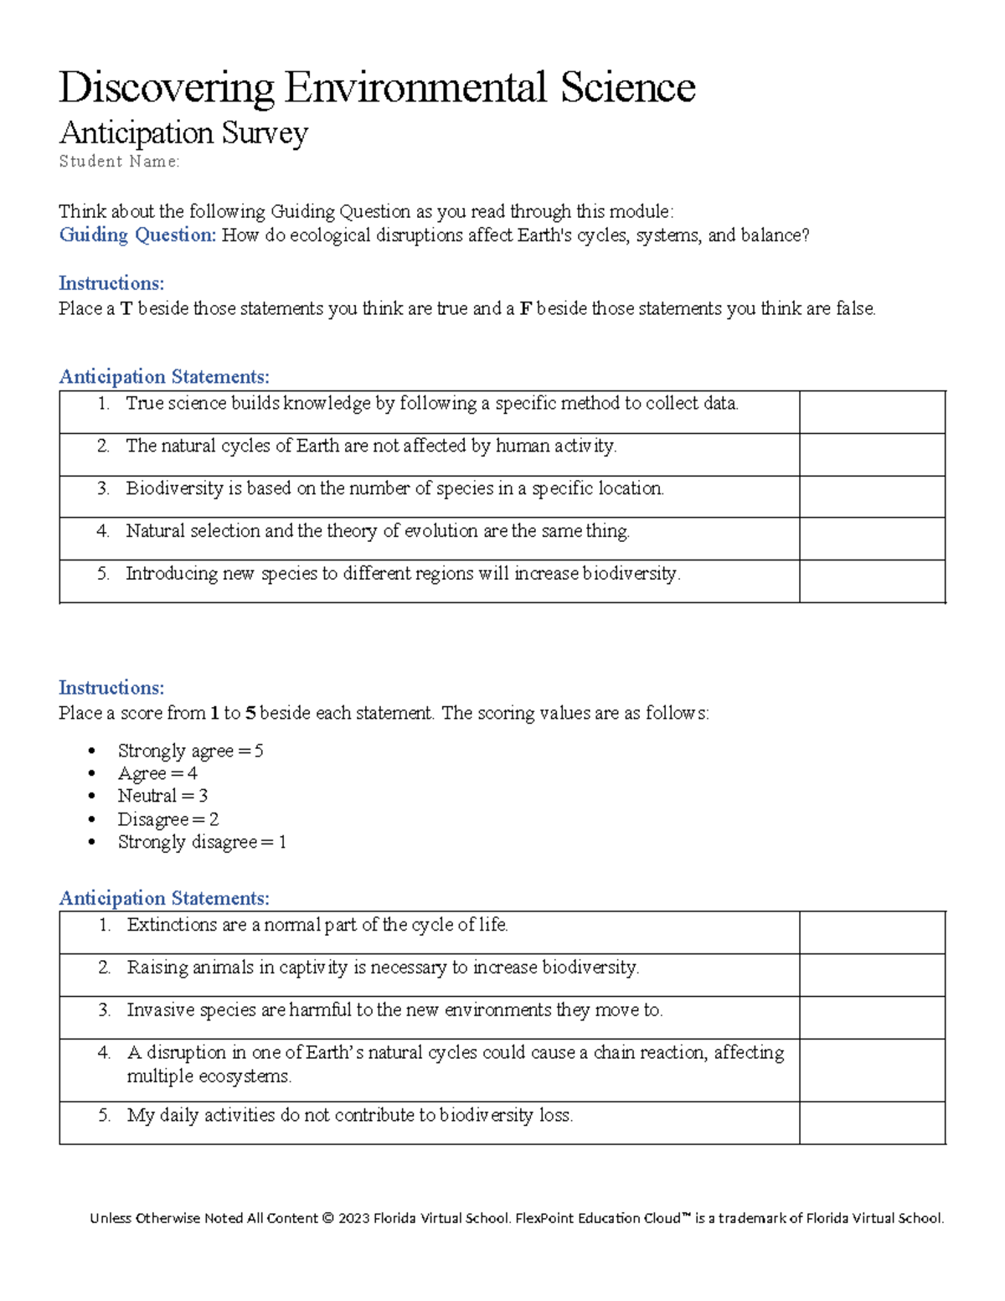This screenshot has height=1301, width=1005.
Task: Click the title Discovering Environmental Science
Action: pos(377,88)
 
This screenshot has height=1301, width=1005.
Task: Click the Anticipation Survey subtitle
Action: pos(183,133)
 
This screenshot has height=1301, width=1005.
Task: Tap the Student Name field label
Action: pos(119,162)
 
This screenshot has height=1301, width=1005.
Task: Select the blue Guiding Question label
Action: pos(137,235)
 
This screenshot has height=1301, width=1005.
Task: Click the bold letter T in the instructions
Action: pos(126,309)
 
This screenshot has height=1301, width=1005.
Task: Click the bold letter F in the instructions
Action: pos(526,309)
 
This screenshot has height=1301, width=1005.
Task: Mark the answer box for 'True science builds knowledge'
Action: pos(872,412)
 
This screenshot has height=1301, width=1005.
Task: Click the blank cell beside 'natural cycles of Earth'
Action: pos(872,455)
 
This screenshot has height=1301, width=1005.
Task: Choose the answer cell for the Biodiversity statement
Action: pos(872,497)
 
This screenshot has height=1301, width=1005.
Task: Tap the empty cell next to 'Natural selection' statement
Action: pos(872,539)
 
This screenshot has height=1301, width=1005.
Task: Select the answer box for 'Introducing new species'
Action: pos(872,581)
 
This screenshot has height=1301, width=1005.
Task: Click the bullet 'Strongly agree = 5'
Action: pos(190,751)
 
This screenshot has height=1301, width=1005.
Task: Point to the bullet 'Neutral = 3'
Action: pos(162,796)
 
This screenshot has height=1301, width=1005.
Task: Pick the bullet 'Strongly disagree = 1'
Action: pos(202,842)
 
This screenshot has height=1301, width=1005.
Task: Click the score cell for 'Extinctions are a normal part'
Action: pos(872,932)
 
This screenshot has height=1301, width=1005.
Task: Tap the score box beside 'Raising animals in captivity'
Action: pos(872,975)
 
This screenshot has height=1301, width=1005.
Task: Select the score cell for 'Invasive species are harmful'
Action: pos(872,1018)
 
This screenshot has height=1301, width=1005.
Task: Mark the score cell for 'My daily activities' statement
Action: pos(872,1123)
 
